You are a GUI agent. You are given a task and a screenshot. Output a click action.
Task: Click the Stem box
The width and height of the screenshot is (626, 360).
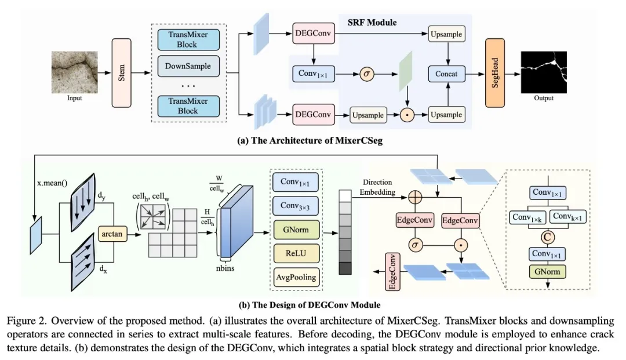(121, 73)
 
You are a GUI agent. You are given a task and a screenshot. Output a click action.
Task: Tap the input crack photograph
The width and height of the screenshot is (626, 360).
(75, 72)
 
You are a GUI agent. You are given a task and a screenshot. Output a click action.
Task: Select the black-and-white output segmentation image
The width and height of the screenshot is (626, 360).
(544, 72)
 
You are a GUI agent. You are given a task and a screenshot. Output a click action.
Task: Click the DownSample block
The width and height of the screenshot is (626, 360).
(188, 66)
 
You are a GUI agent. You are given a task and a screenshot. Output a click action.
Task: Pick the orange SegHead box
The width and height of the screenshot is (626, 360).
(495, 73)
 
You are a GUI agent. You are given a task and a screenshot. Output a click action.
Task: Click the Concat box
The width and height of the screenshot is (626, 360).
(447, 74)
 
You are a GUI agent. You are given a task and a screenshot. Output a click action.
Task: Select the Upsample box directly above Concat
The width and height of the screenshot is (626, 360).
(446, 34)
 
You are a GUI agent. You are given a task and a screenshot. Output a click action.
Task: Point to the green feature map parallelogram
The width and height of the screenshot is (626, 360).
(406, 72)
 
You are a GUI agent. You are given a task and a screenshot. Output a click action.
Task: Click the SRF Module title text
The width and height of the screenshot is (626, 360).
(372, 23)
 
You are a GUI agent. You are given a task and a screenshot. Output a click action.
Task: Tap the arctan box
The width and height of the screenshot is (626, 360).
(112, 234)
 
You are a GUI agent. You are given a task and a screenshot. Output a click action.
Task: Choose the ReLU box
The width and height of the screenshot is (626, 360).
(296, 253)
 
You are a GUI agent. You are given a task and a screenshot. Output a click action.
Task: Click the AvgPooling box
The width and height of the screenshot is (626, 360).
(296, 277)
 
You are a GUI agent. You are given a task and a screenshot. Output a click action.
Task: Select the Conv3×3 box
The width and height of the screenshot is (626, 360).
(296, 206)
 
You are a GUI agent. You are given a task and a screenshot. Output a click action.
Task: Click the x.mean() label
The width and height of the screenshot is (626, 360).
(52, 183)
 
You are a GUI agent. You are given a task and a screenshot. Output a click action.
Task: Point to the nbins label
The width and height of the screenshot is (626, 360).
(225, 268)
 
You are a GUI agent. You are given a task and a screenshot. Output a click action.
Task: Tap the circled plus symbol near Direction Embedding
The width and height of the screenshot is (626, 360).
(415, 197)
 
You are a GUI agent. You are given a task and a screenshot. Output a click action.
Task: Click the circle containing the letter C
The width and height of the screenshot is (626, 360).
(547, 237)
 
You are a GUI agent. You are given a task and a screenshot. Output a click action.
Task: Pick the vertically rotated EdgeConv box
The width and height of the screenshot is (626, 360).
(392, 272)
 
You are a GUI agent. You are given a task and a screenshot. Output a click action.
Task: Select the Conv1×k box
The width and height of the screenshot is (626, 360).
(527, 217)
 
